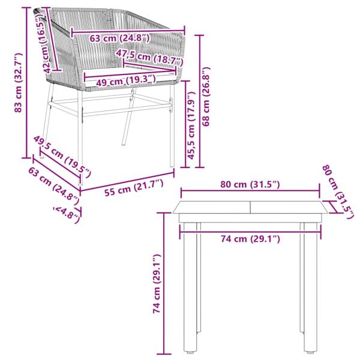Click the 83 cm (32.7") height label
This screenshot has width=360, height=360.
pyautogui.click(x=19, y=83)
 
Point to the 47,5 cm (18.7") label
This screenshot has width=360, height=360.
pyautogui.click(x=150, y=58)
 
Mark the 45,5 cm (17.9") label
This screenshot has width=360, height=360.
pyautogui.click(x=191, y=122)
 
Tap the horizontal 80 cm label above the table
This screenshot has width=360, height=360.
pyautogui.click(x=250, y=184)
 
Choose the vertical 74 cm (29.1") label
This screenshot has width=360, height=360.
pyautogui.click(x=157, y=284)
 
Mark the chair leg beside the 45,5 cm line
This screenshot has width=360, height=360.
pyautogui.click(x=172, y=129)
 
